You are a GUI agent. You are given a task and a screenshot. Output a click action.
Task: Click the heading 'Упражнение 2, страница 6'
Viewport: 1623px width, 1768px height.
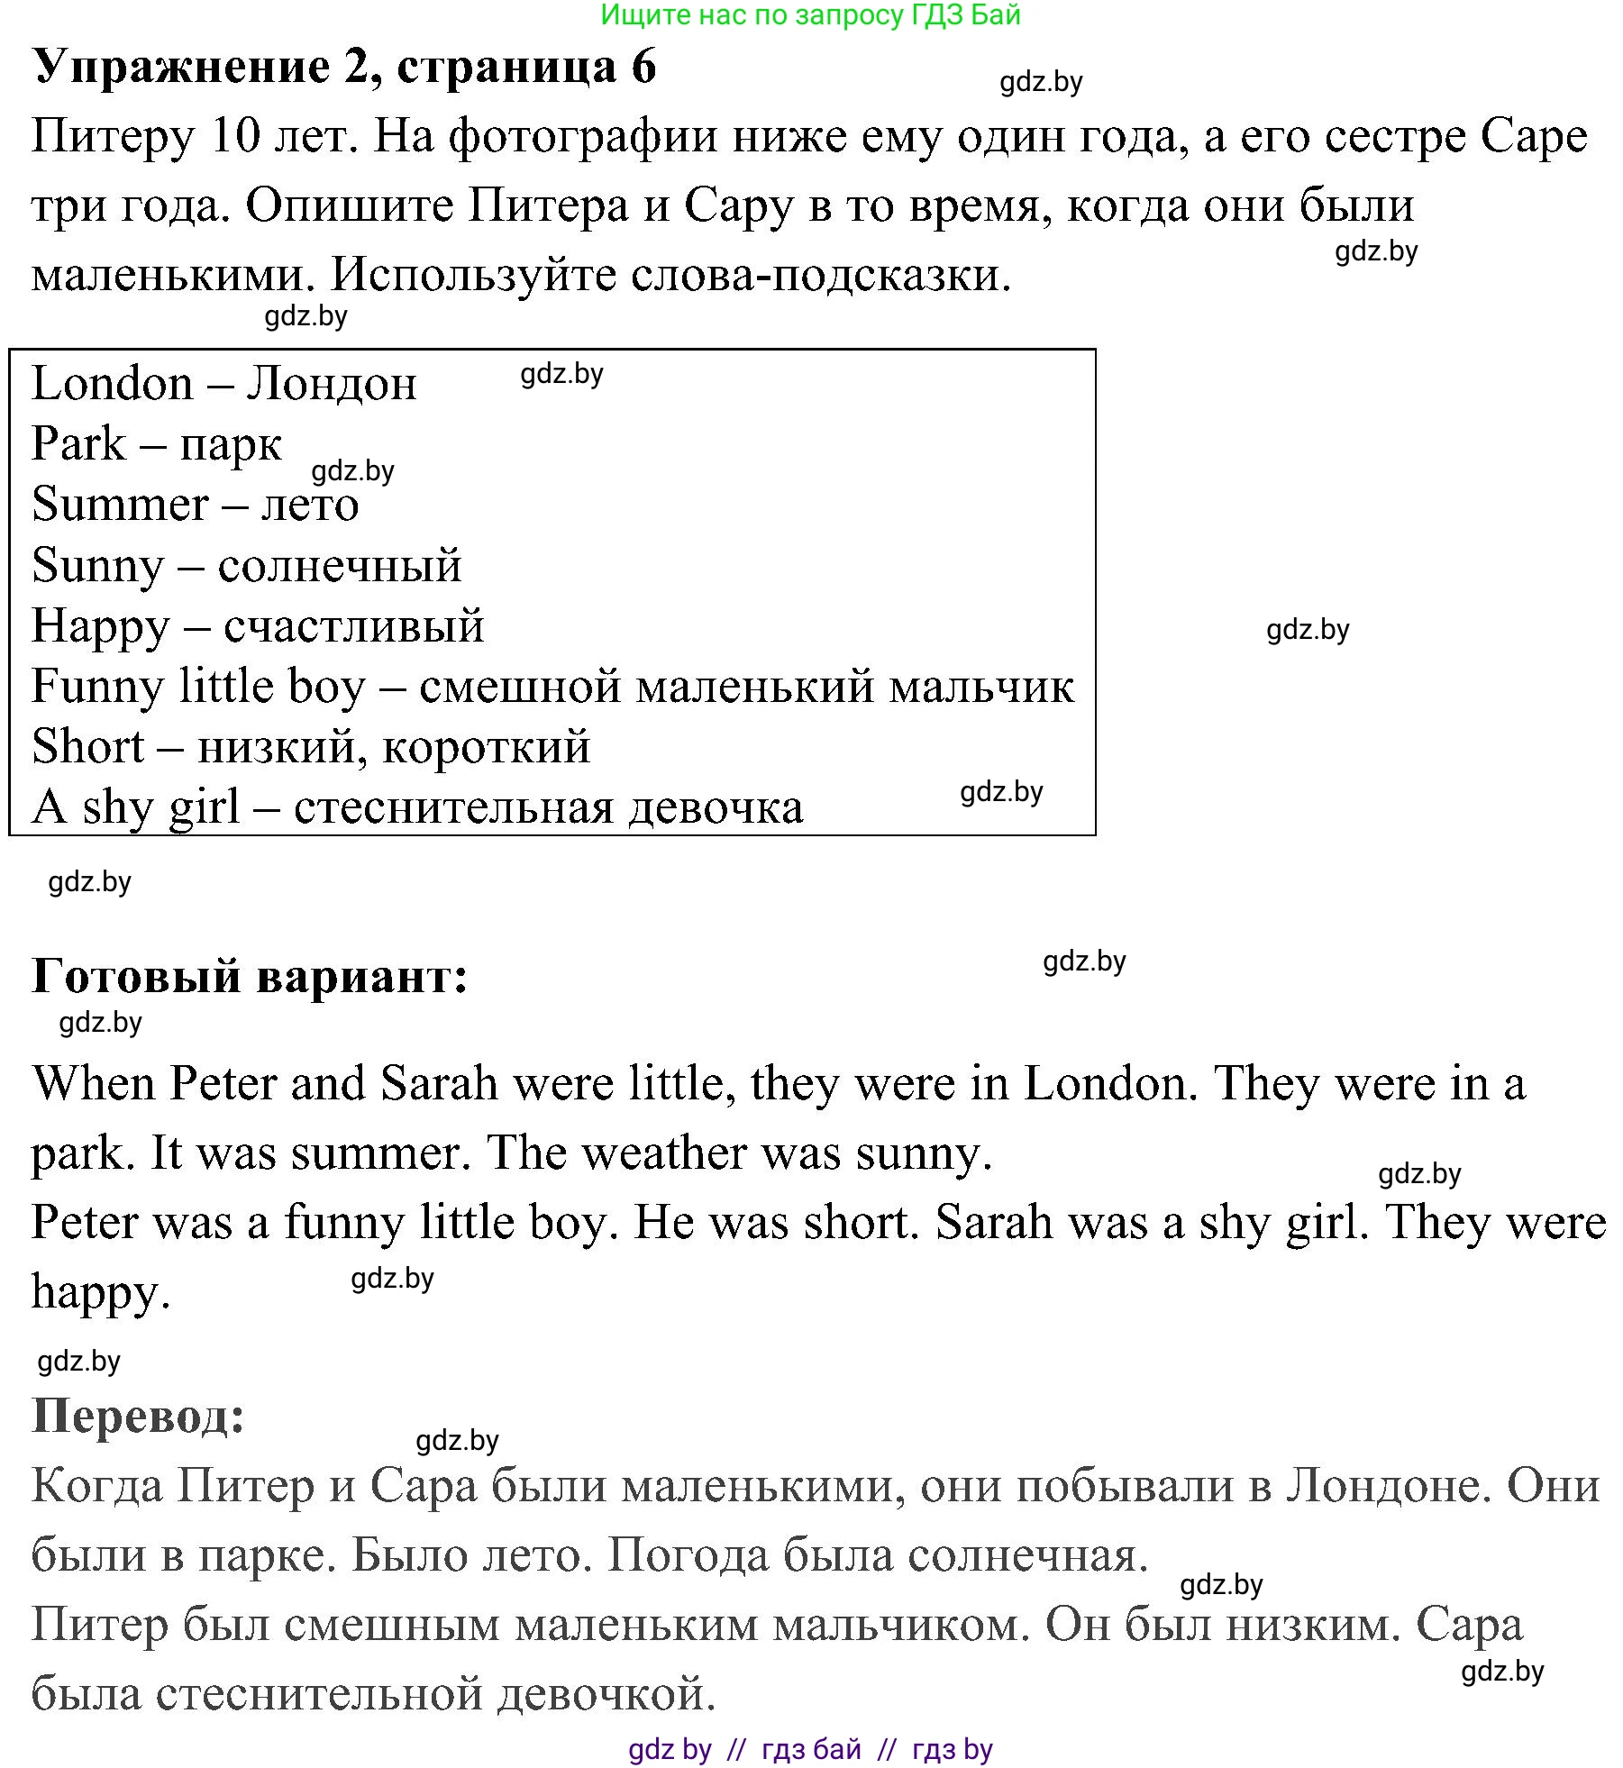[344, 67]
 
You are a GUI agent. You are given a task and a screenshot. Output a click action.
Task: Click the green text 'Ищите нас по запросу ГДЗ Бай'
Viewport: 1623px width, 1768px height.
[810, 15]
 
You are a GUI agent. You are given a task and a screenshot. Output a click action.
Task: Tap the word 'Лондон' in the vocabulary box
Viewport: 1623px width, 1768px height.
[332, 385]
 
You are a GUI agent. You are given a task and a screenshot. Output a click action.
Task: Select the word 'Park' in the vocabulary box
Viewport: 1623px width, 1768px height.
[78, 444]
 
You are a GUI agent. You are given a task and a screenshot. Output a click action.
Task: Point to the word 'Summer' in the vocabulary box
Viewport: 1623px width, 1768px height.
[120, 505]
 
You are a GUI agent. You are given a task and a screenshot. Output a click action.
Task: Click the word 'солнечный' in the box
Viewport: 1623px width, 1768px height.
[340, 566]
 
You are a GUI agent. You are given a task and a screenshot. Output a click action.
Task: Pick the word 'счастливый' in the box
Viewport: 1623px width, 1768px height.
[354, 626]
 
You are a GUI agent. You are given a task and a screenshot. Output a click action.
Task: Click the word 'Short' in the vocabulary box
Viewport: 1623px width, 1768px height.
[87, 747]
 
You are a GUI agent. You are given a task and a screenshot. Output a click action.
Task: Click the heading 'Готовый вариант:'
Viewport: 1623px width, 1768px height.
[251, 976]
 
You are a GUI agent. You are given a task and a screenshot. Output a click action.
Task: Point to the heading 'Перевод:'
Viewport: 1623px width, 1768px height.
[139, 1416]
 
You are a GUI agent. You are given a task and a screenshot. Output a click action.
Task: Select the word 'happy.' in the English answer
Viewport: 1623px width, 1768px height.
[101, 1293]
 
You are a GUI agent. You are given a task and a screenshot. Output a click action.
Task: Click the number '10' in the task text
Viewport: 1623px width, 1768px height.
[234, 137]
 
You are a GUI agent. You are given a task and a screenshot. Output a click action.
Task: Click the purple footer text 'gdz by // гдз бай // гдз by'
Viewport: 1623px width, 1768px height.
[810, 1749]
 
